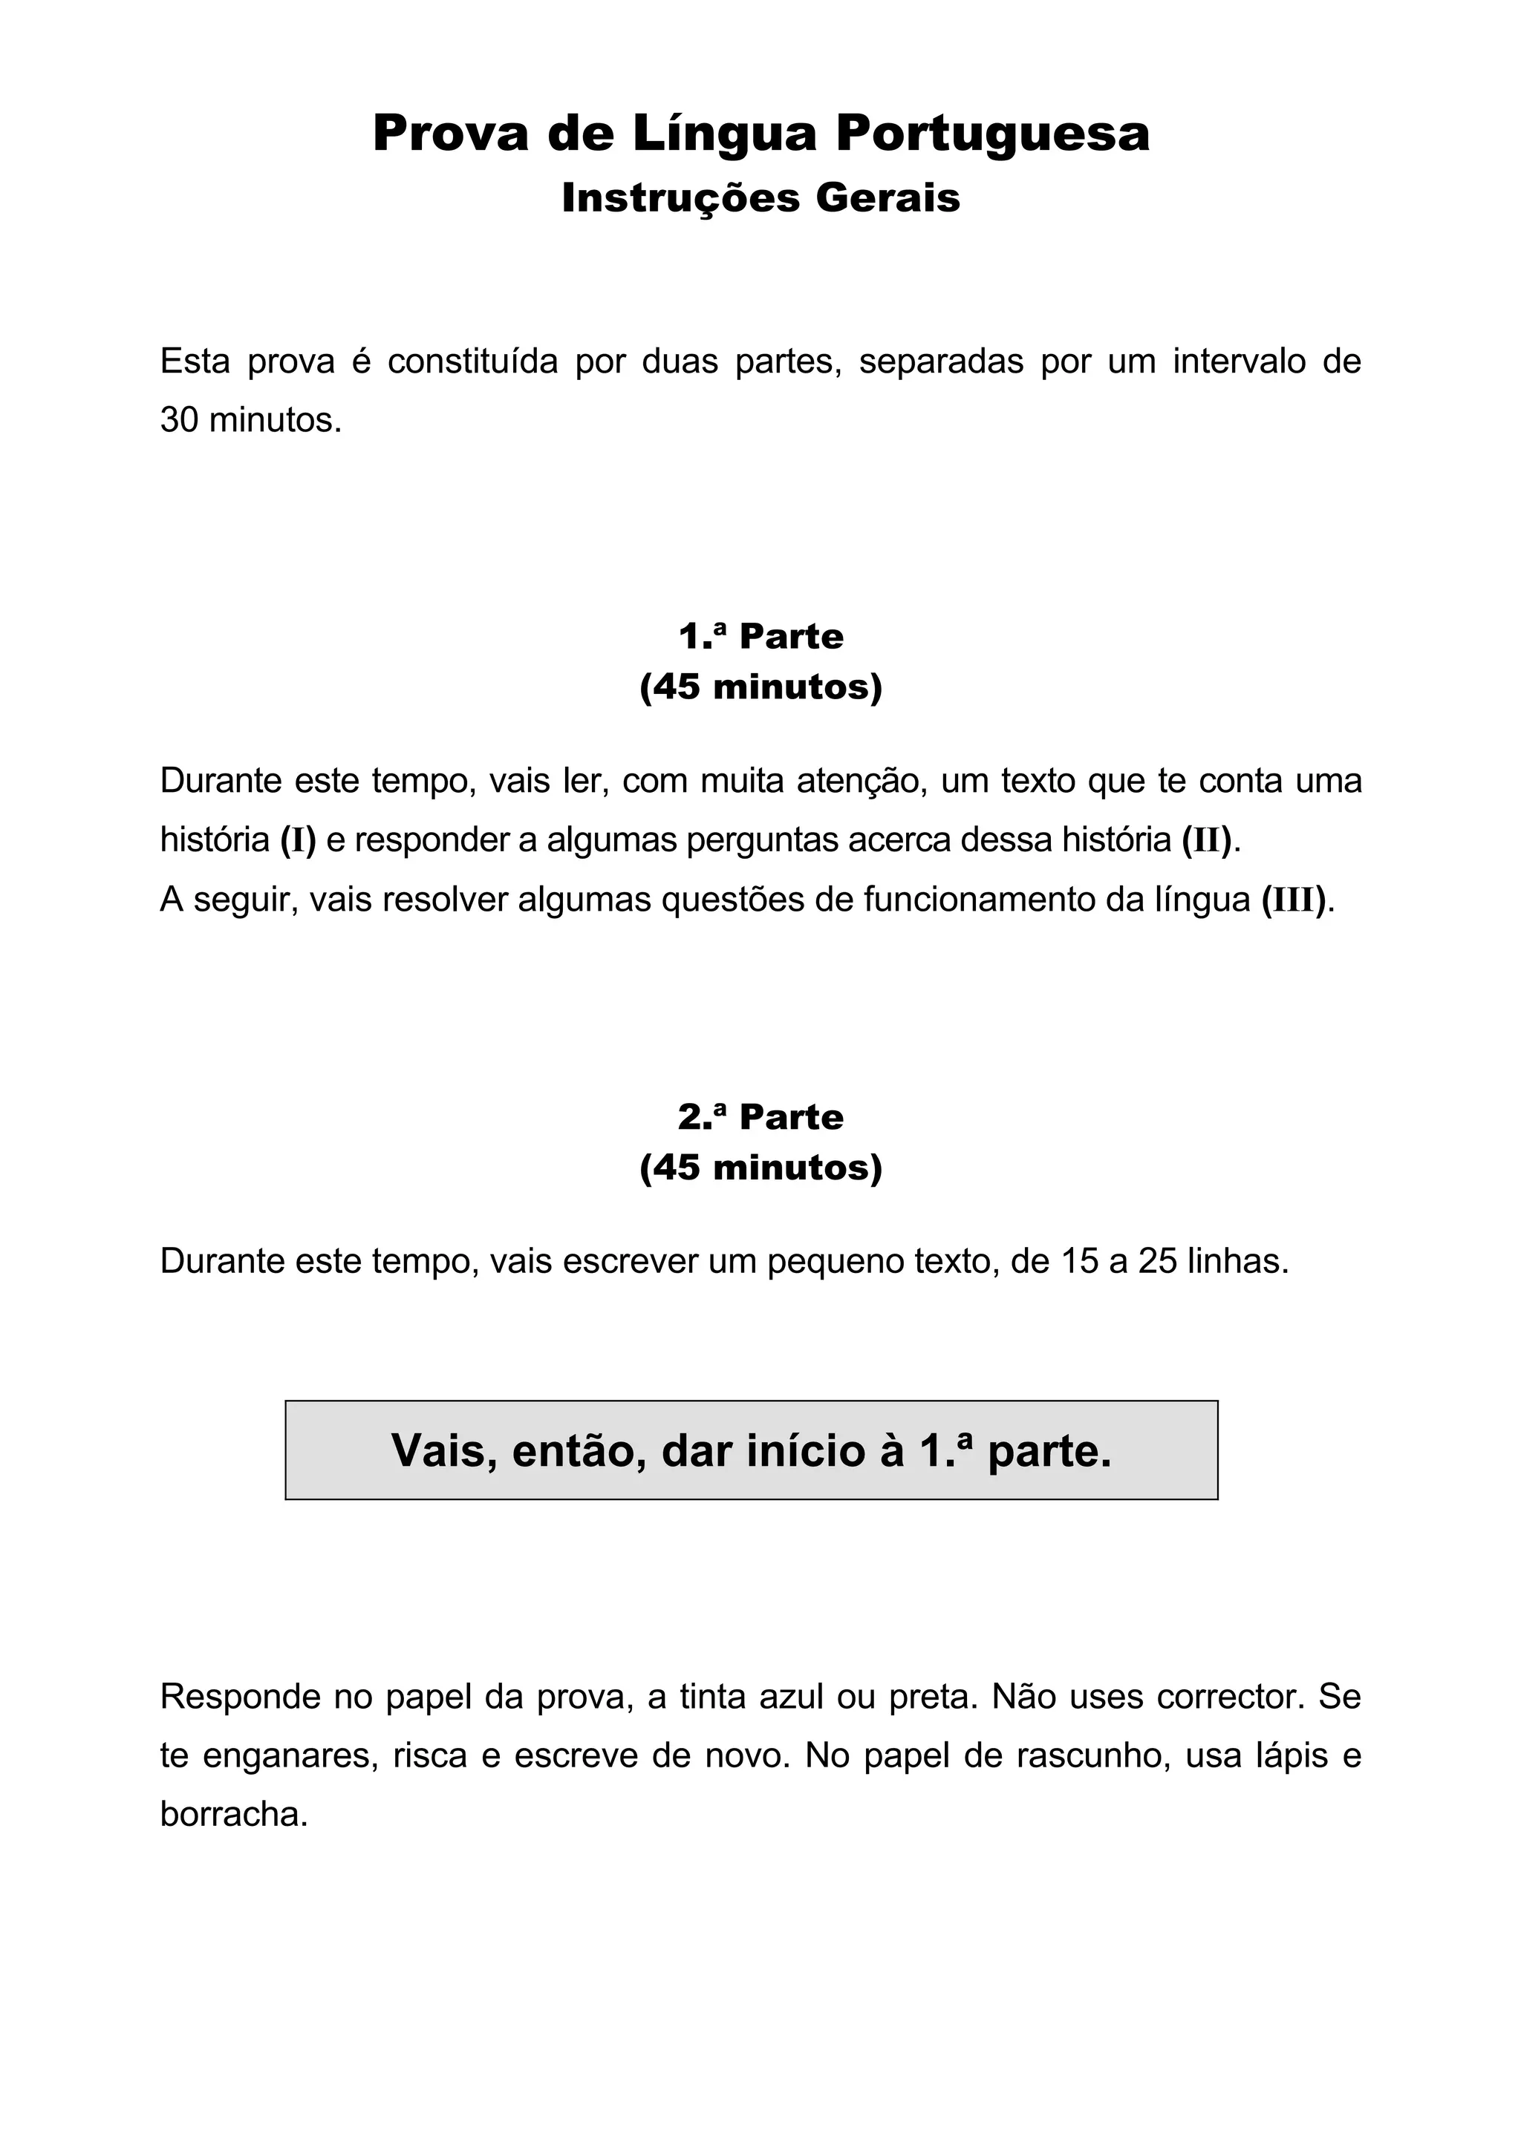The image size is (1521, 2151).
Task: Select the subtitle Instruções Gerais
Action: (761, 197)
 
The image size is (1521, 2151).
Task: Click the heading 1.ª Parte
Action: (761, 637)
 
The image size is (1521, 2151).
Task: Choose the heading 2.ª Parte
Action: (761, 1117)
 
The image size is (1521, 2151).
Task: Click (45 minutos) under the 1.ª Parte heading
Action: (761, 687)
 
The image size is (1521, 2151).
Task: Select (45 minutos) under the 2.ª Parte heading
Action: (761, 1168)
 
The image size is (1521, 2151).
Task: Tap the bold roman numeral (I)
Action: (298, 840)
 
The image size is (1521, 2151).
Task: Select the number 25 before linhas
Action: (1159, 1262)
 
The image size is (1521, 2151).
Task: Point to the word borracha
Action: (233, 1815)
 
